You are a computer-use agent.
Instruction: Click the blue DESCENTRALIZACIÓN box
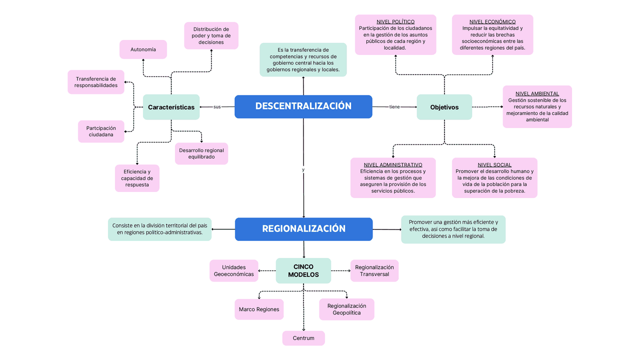tap(303, 106)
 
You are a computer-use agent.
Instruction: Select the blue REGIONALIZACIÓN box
tap(303, 229)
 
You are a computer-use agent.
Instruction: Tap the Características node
tap(171, 107)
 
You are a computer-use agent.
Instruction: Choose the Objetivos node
tap(444, 107)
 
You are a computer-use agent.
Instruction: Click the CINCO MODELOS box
tap(303, 270)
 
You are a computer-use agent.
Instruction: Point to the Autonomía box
tap(143, 49)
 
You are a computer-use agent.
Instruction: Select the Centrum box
tap(303, 338)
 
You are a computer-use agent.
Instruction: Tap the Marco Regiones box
tap(259, 309)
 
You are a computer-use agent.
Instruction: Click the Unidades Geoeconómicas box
tap(234, 270)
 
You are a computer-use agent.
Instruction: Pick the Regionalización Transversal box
tap(374, 270)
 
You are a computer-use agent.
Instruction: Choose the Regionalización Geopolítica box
tap(346, 309)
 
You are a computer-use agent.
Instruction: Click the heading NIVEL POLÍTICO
tap(395, 21)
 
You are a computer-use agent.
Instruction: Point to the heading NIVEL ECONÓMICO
tap(492, 21)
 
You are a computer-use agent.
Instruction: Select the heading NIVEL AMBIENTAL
tap(537, 93)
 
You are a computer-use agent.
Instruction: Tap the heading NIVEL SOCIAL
tap(494, 164)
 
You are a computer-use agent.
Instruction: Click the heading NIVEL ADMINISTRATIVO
tap(393, 164)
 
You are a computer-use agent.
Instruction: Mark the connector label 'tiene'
tap(394, 107)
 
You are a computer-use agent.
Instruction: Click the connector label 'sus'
tap(217, 107)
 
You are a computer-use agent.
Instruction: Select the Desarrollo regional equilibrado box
tap(201, 153)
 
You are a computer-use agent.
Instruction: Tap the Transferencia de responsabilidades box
tap(96, 82)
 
